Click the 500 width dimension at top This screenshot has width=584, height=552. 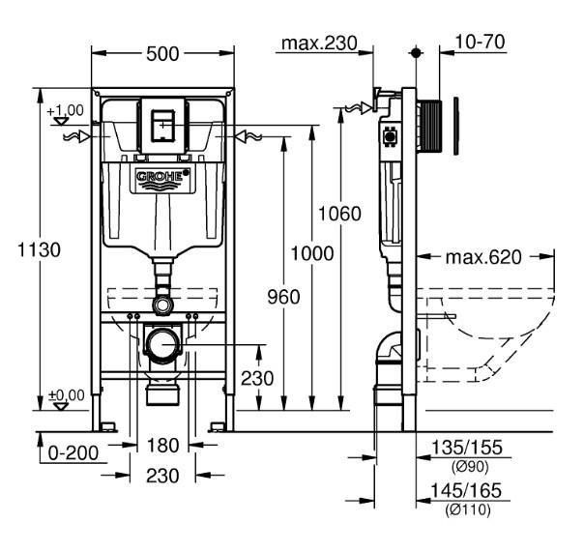click(x=162, y=54)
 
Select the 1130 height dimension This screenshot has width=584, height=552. click(x=38, y=249)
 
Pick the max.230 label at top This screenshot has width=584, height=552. click(x=317, y=43)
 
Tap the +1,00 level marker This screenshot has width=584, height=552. click(x=65, y=111)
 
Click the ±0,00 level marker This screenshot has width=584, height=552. click(x=65, y=394)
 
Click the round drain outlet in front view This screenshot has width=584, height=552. click(x=164, y=343)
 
